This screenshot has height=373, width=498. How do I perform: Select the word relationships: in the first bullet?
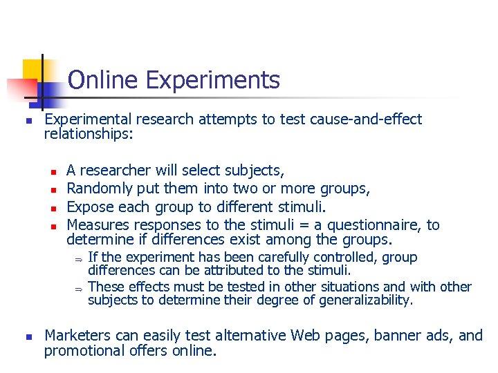point(89,134)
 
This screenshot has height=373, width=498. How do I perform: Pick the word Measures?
point(98,225)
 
